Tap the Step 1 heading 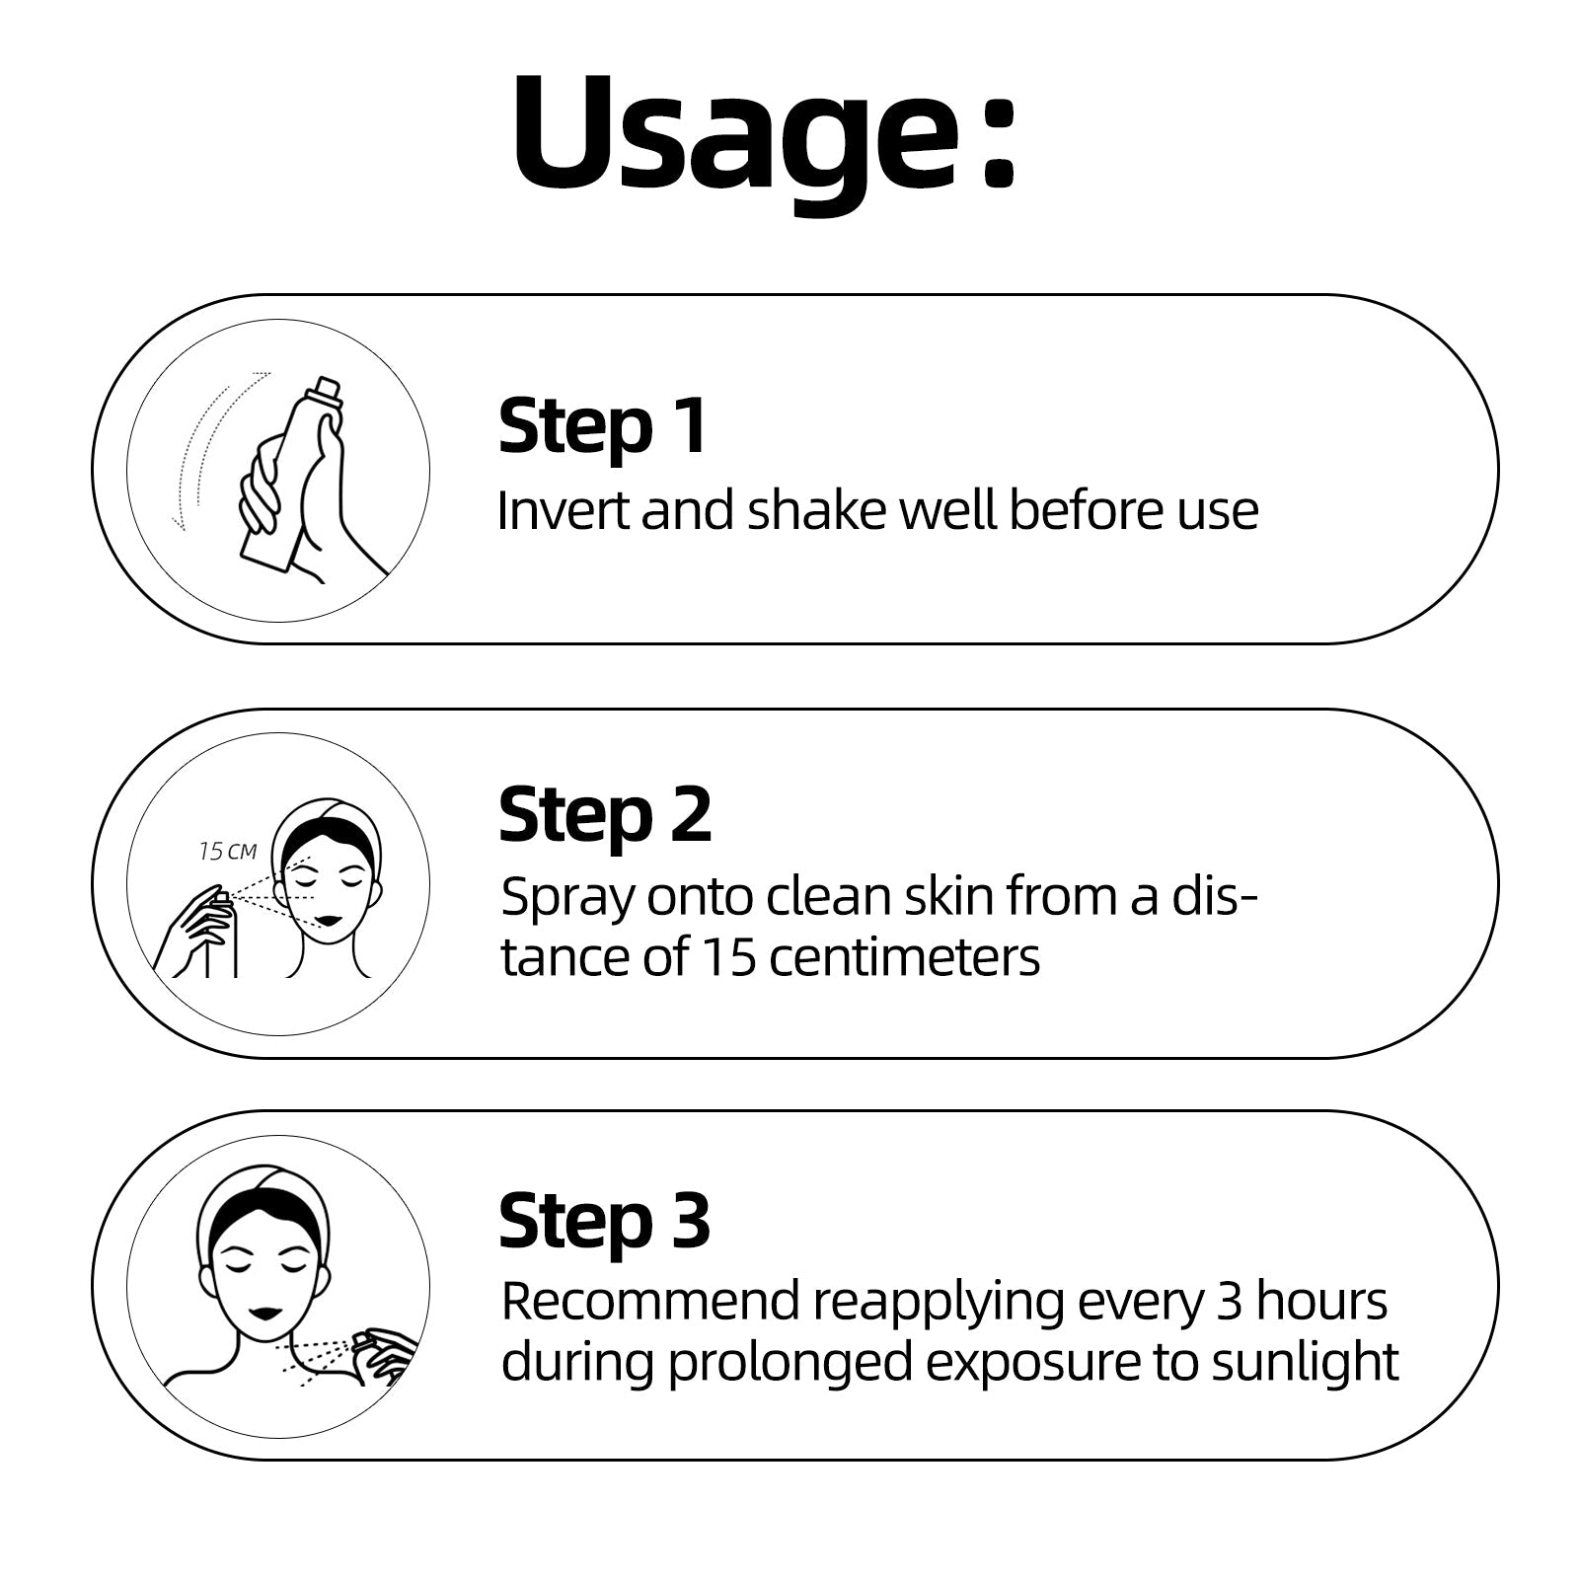603,425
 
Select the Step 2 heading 605,815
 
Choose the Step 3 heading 605,1221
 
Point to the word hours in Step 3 1322,1302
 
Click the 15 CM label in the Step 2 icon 228,851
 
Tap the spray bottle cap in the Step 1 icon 330,392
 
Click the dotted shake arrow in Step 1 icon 220,444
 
